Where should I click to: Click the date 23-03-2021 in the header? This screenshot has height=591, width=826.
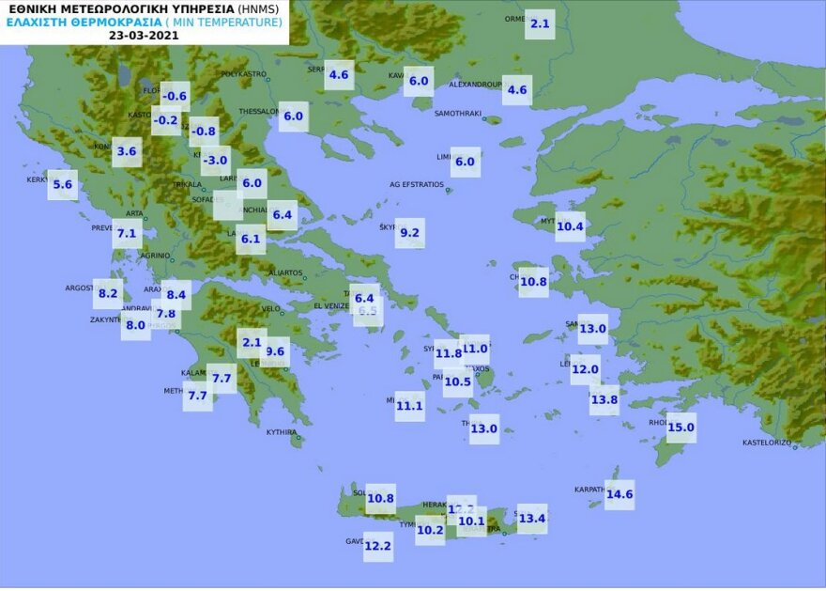[x=145, y=35]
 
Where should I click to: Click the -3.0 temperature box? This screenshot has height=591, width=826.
[x=216, y=160]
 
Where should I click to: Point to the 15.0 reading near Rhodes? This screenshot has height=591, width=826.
[x=681, y=428]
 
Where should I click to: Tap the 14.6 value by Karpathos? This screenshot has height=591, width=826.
[x=619, y=494]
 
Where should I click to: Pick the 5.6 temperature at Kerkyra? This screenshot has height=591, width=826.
[x=63, y=185]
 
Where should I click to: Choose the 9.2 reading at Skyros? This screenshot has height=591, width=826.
[x=410, y=233]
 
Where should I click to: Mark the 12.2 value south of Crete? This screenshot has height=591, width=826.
[x=378, y=546]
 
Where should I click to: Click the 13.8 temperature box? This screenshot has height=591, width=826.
[x=604, y=399]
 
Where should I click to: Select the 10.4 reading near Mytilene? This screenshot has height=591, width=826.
[x=570, y=226]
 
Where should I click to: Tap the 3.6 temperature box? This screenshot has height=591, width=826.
[x=127, y=151]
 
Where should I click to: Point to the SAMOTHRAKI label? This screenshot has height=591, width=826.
[x=457, y=114]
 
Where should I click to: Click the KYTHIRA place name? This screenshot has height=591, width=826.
[x=282, y=432]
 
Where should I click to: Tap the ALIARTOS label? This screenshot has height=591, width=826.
[x=285, y=273]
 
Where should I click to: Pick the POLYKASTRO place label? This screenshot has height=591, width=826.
[x=244, y=73]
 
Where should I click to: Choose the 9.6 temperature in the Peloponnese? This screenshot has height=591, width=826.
[x=276, y=351]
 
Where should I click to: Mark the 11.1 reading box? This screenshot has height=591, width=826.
[x=410, y=406]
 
